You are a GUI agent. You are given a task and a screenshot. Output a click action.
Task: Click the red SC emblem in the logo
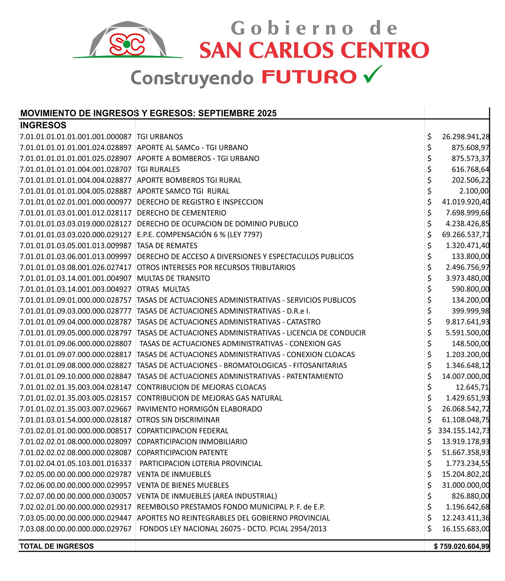(127, 44)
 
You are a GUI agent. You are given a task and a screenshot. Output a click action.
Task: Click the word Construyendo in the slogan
(192, 78)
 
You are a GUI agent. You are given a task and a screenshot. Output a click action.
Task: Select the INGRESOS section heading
(43, 125)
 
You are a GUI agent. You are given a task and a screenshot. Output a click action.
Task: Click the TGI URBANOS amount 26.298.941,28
(466, 137)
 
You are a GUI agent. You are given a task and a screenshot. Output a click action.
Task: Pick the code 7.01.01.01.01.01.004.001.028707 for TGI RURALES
(75, 169)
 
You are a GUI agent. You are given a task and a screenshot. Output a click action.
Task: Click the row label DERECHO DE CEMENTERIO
(181, 213)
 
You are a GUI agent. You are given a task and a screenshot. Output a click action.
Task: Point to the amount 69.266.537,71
(466, 235)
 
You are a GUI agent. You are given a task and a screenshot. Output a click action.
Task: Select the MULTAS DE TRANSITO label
(173, 278)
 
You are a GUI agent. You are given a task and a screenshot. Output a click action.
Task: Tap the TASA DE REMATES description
(167, 246)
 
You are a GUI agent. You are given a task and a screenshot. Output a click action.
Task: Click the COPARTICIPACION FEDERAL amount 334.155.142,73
(464, 431)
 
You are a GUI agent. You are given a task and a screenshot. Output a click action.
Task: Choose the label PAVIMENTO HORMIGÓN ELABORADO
(199, 409)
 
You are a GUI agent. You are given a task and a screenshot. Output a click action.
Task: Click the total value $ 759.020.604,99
(461, 546)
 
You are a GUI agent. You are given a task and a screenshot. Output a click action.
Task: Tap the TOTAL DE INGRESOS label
(57, 546)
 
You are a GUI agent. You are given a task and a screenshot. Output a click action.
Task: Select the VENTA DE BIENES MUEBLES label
(183, 485)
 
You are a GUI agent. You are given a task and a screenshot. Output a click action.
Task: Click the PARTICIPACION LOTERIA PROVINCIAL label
(201, 463)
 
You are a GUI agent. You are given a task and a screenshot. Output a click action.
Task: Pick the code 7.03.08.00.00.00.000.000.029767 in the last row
(75, 529)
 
